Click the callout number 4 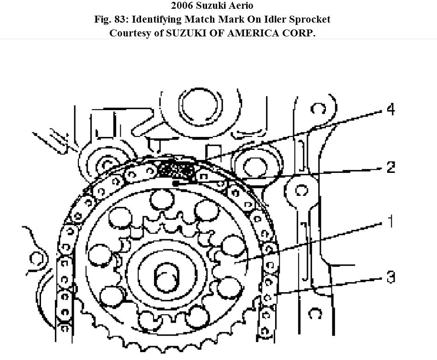(390, 110)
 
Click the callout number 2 (390, 167)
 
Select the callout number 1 (390, 221)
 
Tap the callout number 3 (390, 277)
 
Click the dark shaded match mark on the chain (176, 171)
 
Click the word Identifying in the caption (156, 19)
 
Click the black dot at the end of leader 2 (176, 183)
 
